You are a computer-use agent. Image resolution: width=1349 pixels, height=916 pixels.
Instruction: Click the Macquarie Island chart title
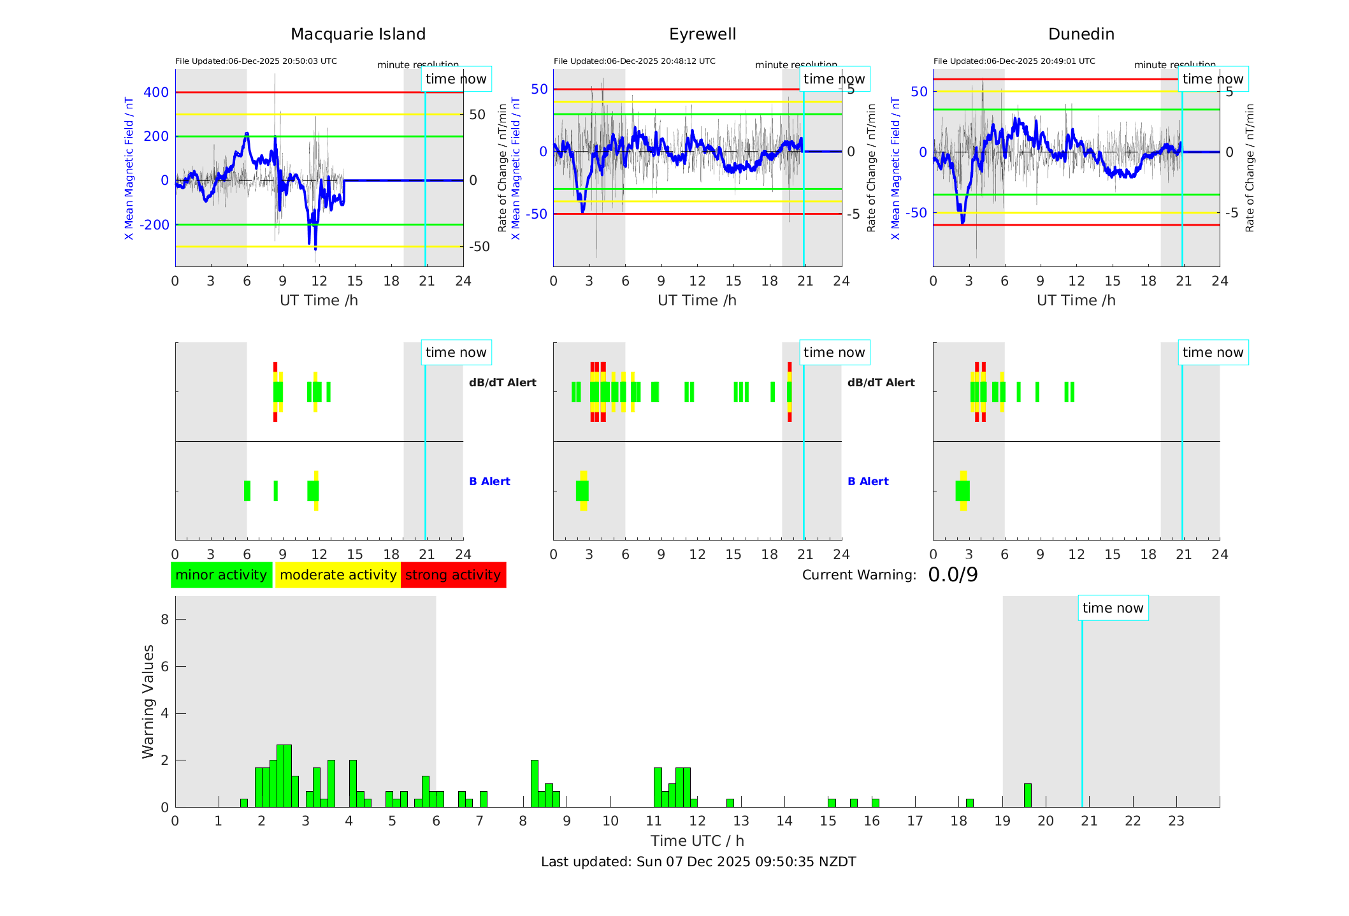tap(357, 34)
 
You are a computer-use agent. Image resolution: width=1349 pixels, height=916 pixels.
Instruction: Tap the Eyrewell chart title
tap(702, 34)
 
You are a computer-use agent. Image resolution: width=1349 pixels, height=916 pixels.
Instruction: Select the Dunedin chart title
tap(1081, 34)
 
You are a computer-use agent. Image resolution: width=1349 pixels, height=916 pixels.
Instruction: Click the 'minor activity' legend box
tap(221, 575)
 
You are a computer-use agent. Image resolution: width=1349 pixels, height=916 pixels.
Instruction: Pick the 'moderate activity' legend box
tap(338, 575)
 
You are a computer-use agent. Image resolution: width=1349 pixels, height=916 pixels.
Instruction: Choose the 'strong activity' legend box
tap(453, 575)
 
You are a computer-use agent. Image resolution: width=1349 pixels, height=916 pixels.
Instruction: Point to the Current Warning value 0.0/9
tap(953, 575)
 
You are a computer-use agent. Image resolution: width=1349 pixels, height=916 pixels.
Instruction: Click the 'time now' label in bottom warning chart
tap(1113, 608)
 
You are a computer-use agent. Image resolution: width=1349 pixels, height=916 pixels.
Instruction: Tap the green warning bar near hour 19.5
tap(1027, 795)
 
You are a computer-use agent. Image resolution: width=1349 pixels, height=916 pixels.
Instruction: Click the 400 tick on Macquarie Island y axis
tap(156, 92)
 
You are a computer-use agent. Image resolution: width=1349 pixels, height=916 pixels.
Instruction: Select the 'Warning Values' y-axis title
tap(148, 701)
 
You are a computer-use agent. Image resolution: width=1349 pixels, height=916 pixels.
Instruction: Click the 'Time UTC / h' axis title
tap(697, 841)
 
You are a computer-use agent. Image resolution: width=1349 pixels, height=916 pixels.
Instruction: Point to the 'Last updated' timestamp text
tap(698, 862)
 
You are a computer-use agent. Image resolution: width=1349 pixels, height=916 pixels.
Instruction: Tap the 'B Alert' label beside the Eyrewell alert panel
tap(868, 481)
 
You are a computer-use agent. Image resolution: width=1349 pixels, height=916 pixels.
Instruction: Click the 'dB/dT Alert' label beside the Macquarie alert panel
tap(502, 382)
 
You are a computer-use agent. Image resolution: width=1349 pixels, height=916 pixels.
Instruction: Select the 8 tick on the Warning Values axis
tap(164, 619)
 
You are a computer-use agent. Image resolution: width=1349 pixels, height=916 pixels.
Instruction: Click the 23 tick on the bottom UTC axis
tap(1176, 821)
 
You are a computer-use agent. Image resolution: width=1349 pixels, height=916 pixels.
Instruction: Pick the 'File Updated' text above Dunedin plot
tap(1014, 61)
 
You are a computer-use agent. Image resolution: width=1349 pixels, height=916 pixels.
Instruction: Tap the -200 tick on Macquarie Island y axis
tap(154, 225)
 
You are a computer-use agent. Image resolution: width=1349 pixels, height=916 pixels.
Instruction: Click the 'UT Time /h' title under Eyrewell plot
tap(696, 300)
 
